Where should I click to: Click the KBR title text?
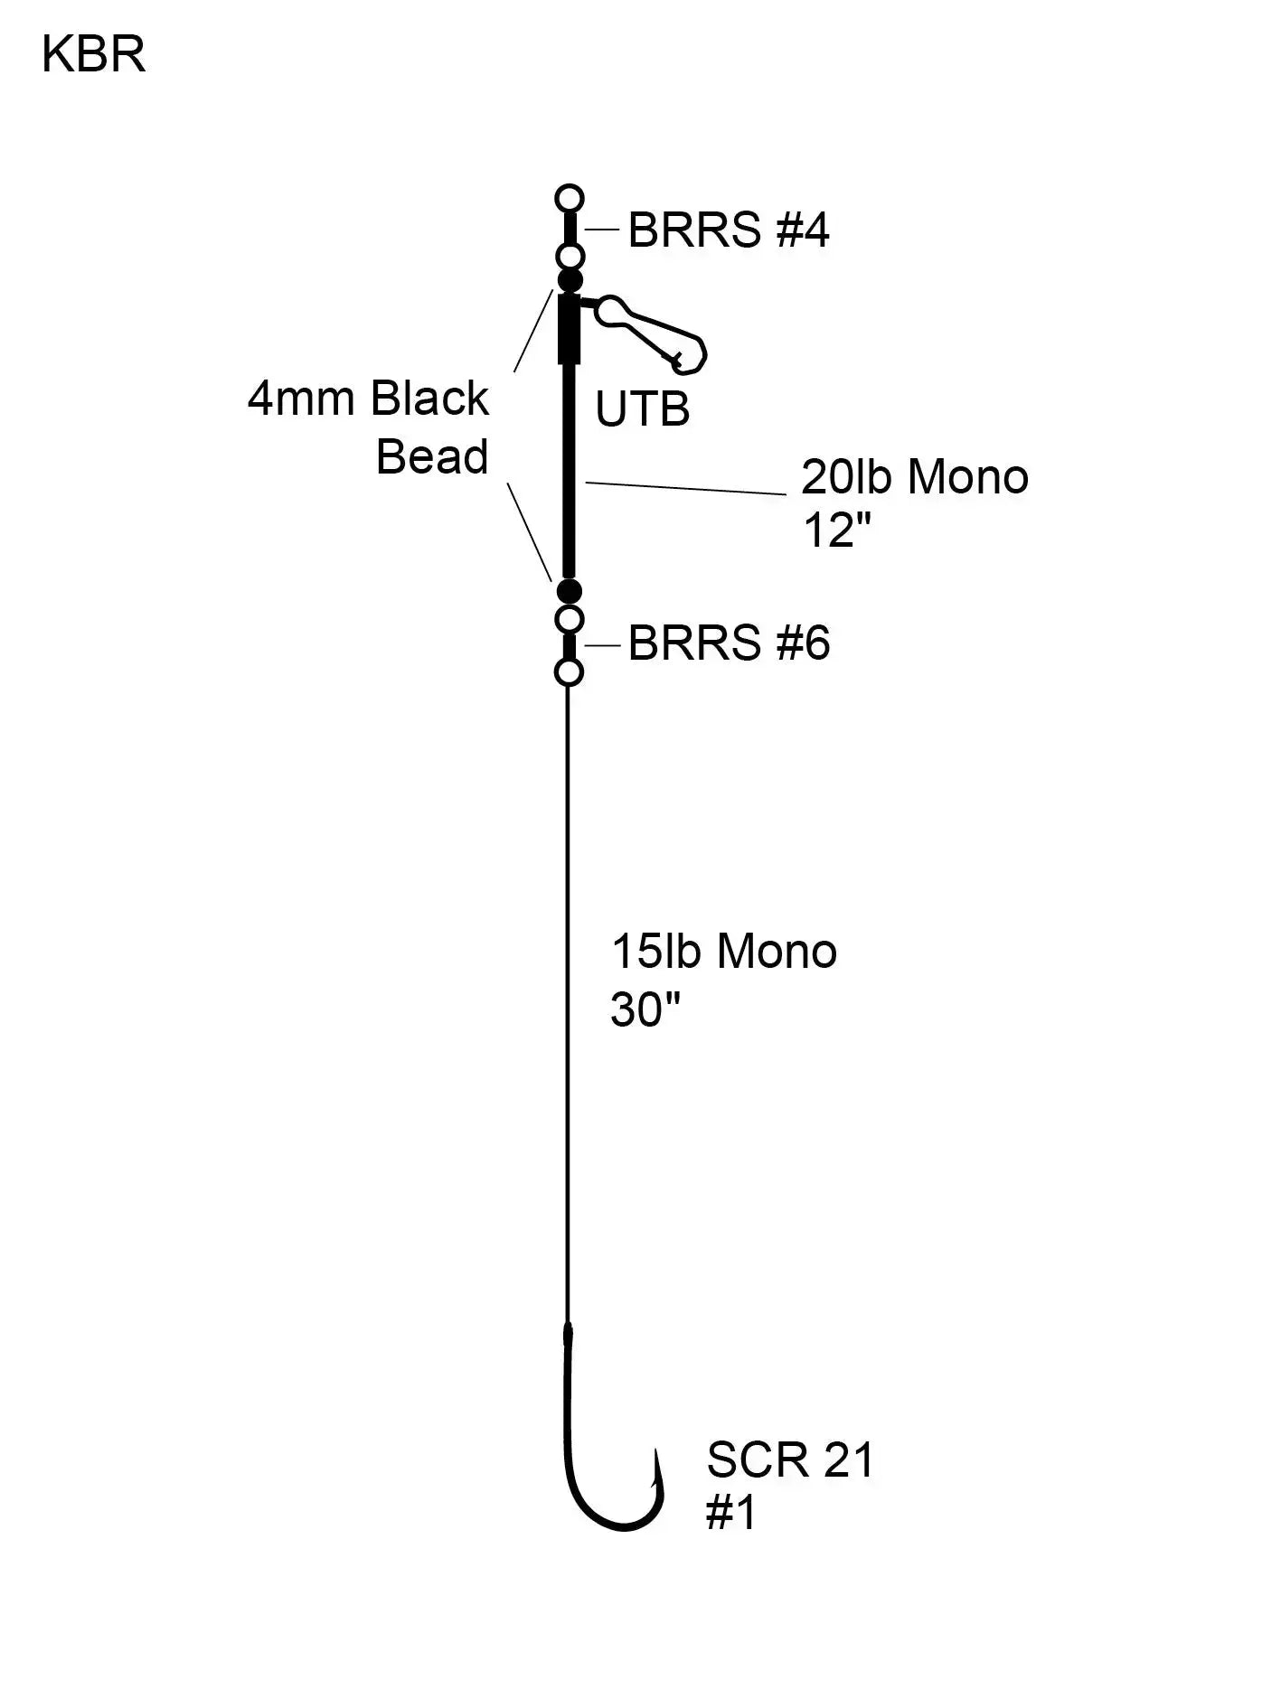click(93, 56)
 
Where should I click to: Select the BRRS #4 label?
click(728, 230)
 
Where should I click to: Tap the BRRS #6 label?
click(728, 643)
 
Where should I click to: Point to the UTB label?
click(642, 409)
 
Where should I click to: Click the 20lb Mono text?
click(914, 477)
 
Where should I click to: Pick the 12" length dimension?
click(836, 531)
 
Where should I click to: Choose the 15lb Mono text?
click(724, 952)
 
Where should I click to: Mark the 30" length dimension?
click(645, 1009)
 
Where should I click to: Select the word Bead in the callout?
click(432, 456)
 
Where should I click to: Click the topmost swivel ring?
click(570, 198)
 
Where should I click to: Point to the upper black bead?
click(570, 279)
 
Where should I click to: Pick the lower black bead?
click(569, 592)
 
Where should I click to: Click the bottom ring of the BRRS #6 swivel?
click(569, 672)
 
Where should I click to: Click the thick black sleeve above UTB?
click(570, 328)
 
